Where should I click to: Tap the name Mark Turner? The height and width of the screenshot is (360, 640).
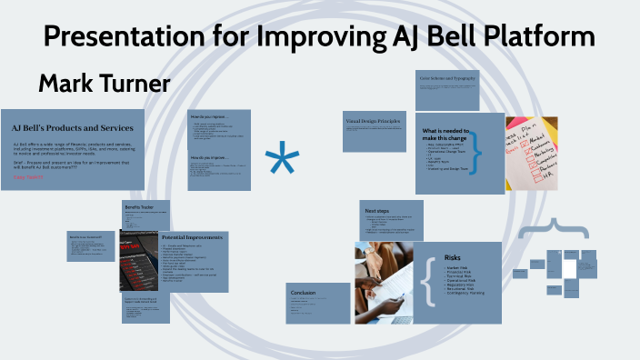tap(104, 85)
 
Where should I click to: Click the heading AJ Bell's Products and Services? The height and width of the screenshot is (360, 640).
tap(73, 127)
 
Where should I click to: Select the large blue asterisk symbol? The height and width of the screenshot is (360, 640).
tap(282, 163)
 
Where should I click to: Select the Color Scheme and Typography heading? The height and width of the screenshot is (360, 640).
tap(447, 80)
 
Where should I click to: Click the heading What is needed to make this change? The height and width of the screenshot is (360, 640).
tap(444, 136)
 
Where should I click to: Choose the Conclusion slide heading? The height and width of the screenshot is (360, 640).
tap(304, 293)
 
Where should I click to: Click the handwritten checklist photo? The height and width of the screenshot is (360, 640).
tap(531, 152)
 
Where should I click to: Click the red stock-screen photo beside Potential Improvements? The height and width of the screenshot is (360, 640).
tap(139, 256)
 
